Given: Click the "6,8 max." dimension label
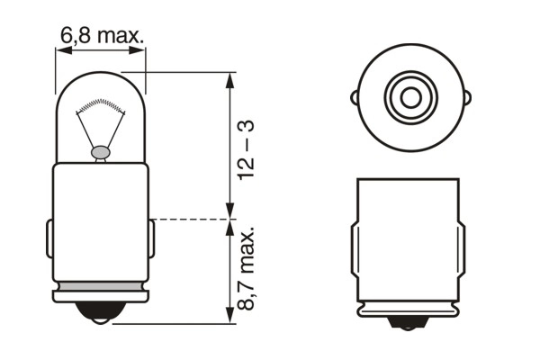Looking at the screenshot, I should (x=101, y=36).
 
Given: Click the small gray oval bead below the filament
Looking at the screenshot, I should (x=101, y=154).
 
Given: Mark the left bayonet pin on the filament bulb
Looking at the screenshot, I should (x=49, y=239).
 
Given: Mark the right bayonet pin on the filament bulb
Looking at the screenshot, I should (x=150, y=239).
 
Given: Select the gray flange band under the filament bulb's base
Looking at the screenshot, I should (x=100, y=294).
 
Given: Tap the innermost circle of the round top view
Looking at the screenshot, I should (x=410, y=93).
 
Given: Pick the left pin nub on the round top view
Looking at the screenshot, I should (x=357, y=93).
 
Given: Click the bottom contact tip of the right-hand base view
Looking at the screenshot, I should (x=410, y=322).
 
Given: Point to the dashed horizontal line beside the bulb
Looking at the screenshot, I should (x=184, y=219).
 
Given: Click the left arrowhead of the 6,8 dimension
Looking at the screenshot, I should (x=60, y=51).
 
